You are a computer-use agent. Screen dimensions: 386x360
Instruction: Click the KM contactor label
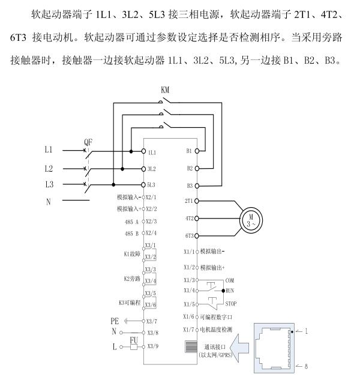click(x=166, y=90)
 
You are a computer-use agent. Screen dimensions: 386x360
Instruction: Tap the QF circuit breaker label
click(x=89, y=143)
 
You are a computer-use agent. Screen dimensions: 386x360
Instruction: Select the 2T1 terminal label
click(x=188, y=201)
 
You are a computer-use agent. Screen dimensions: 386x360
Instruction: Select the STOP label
click(x=232, y=303)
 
